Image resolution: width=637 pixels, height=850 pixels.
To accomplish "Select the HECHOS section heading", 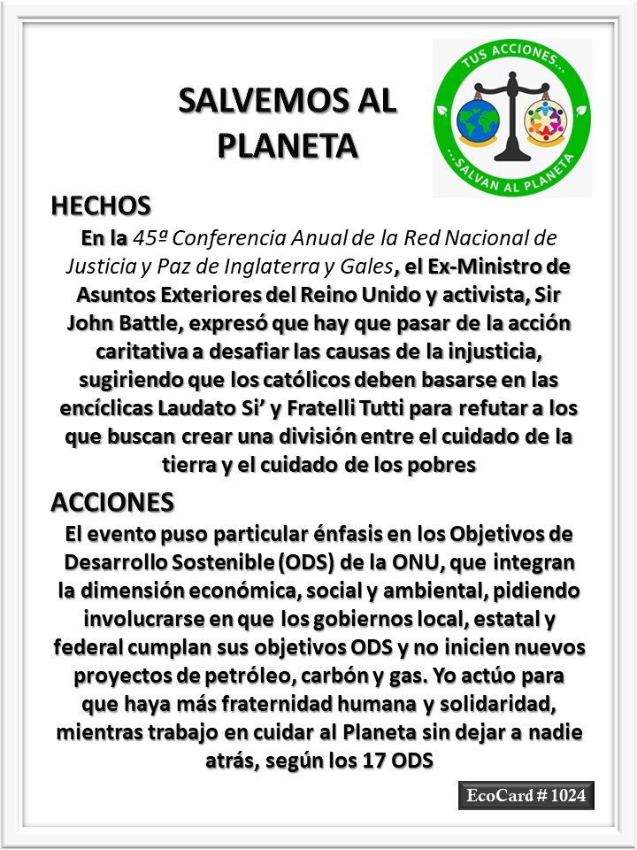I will coord(101,206).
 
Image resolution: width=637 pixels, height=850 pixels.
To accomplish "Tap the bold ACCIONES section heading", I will coord(112,501).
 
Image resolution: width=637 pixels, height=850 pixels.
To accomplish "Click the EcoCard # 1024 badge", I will coord(526,796).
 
